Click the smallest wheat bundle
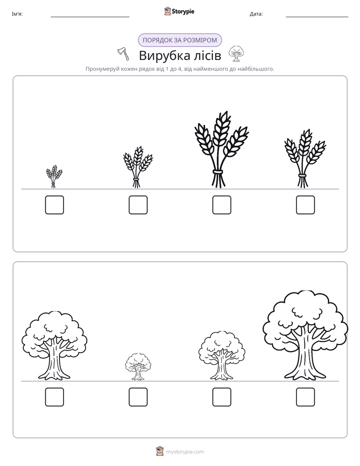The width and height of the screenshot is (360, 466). point(54,176)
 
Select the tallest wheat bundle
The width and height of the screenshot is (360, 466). point(221,149)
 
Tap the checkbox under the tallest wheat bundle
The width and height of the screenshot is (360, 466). point(221,205)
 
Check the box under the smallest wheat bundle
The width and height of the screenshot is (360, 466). point(54,205)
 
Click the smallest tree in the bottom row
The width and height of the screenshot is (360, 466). point(138,367)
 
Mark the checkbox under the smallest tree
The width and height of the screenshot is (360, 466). point(138,397)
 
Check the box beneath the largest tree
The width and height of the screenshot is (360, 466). point(306,397)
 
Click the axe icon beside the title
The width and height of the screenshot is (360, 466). point(124,54)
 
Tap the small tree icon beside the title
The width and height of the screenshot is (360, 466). point(236,53)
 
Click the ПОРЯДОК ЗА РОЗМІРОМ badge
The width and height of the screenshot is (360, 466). point(179,40)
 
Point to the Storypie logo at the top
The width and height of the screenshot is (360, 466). point(179,11)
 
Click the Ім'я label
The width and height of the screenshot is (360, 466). point(17,14)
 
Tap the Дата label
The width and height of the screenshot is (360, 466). point(256,14)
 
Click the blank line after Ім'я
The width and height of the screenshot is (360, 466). point(90,17)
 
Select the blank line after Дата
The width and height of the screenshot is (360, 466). point(317,17)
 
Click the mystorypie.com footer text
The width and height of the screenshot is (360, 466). point(185,452)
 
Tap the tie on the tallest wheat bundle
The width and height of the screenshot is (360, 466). point(217,172)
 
